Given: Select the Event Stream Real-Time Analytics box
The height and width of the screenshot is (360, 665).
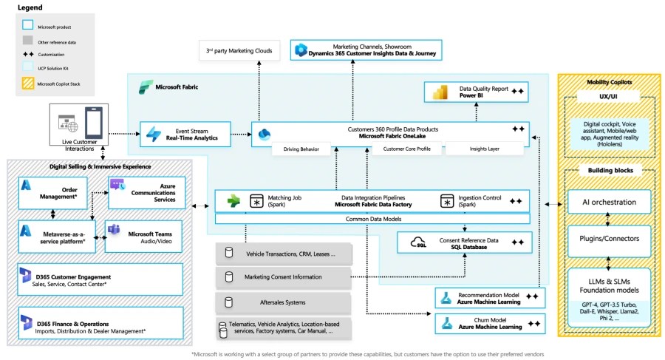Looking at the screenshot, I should (190, 133).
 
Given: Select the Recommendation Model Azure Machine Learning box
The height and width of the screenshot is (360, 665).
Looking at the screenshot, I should (490, 297).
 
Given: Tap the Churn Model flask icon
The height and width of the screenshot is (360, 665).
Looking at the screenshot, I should (446, 322).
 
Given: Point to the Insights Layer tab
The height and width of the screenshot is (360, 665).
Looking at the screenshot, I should (484, 149).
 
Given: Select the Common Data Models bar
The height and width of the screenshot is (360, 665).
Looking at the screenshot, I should (372, 219).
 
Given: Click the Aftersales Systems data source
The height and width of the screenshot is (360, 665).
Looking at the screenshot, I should (284, 302).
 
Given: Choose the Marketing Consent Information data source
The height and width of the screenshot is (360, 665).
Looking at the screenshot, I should (284, 277).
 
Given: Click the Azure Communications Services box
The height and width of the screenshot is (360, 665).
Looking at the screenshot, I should (146, 191).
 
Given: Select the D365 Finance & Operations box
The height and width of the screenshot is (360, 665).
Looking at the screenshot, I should (100, 323).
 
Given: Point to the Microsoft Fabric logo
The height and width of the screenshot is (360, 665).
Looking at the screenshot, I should (145, 87).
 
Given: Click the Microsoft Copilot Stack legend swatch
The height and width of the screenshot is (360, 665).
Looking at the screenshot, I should (27, 84).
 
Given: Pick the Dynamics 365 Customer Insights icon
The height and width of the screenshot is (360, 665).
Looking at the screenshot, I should (301, 50).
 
